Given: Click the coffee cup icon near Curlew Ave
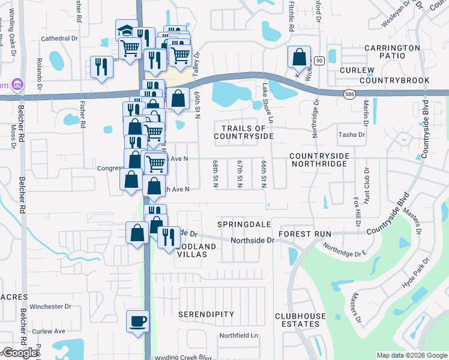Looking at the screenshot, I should pos(138,320).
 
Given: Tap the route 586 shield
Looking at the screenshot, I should pos(349,94).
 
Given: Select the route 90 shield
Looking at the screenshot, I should pos(319,61).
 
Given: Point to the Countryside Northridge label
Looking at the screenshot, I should pos(319,160).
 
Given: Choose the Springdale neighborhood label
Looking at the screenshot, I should pos(243,222).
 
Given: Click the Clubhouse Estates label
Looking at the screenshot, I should pos(300,320).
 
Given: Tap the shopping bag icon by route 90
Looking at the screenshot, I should pos(299,58).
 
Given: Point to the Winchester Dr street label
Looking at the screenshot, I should pos(51,307).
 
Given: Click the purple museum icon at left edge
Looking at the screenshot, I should pos(17,84).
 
